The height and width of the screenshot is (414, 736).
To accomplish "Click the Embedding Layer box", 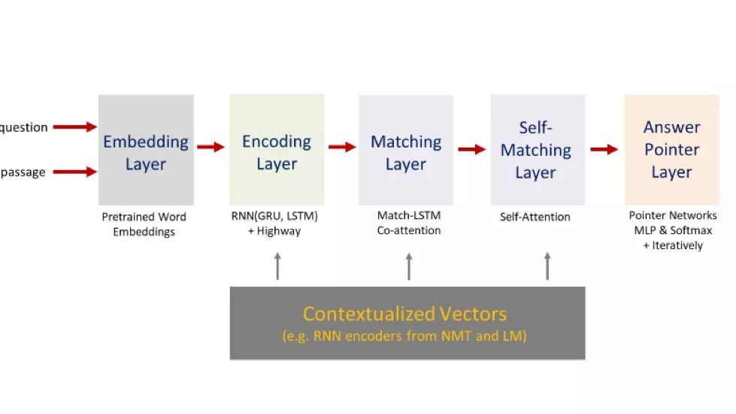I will coord(146,150).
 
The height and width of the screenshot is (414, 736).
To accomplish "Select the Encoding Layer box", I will coord(277,150).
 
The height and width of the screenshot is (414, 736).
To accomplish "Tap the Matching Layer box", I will coord(406,150).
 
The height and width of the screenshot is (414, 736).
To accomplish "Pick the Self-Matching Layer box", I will coord(537,150).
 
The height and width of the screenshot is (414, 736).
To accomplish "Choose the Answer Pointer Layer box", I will coord(671,150).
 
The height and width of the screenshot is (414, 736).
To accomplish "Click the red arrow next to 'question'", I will coord(74,127).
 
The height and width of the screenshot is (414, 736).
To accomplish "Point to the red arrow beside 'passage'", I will coord(74,172).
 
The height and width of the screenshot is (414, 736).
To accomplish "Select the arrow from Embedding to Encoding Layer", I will coord(211,147).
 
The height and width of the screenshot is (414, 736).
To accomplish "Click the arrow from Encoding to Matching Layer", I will coord(342,147).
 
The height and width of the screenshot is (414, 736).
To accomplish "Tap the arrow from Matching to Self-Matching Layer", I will coord(472,149).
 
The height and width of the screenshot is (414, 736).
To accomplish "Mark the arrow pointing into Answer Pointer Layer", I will coord(604,149).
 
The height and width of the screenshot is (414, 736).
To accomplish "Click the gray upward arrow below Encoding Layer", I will coord(277,266).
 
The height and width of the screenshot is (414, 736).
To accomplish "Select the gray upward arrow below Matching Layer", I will coord(409,266).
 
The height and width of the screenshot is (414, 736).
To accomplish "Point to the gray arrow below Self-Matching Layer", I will coord(547,266).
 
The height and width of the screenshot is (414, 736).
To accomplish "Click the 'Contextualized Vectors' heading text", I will coord(404,314).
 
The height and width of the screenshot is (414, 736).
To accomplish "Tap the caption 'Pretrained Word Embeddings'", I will coord(144,224).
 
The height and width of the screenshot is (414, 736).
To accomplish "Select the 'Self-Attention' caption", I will coord(535,217).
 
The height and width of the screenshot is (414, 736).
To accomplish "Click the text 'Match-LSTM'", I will coord(409,216).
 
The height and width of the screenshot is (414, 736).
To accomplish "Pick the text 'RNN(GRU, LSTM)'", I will coord(274,217).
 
